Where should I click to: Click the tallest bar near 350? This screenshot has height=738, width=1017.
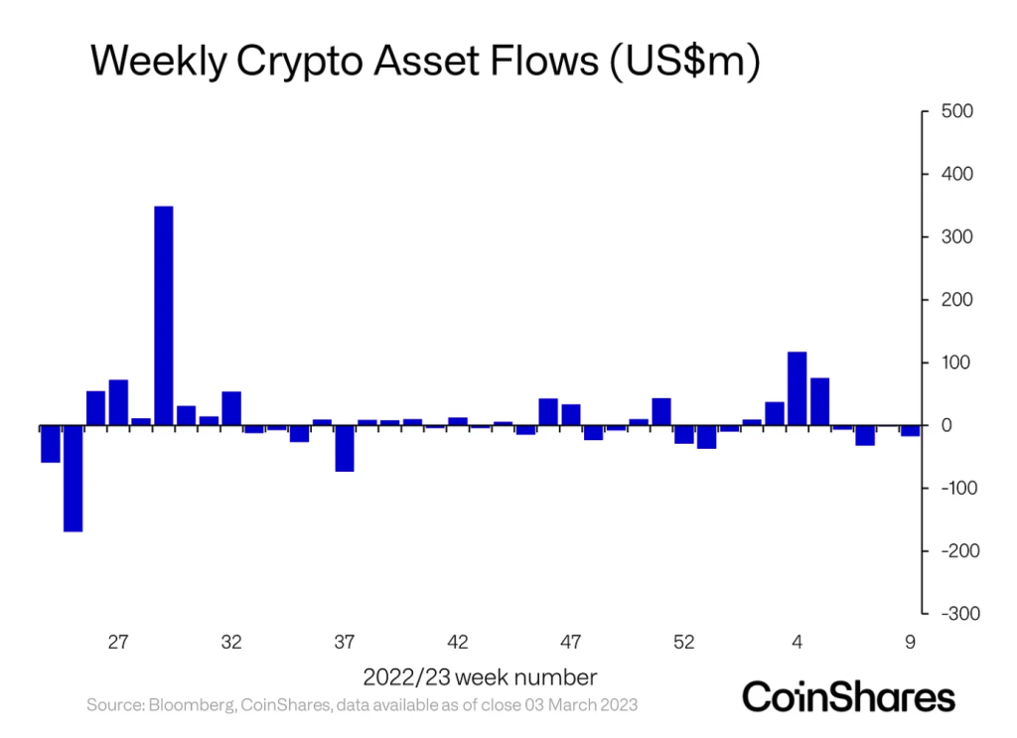tap(164, 316)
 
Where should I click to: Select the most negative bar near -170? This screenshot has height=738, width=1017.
tap(73, 478)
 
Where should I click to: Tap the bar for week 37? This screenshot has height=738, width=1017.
tap(345, 448)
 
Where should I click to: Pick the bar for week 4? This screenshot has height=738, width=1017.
tap(797, 388)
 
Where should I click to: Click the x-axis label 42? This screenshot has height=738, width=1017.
tap(458, 643)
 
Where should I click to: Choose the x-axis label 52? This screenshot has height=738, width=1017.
tap(683, 643)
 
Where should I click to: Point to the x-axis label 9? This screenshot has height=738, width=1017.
tap(910, 643)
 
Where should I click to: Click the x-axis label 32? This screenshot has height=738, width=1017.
tap(231, 643)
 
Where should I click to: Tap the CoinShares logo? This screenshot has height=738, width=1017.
tap(848, 695)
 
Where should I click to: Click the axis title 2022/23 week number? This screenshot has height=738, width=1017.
tap(480, 677)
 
